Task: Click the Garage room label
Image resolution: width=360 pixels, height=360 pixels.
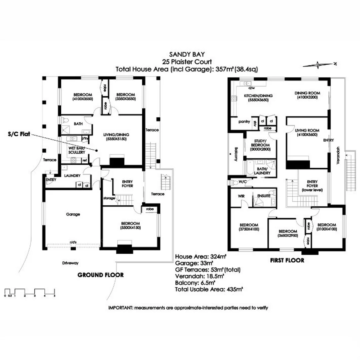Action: [x=73, y=214]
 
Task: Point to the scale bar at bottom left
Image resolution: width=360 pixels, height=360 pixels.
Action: [x=30, y=292]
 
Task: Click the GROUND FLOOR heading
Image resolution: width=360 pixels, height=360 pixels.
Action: [x=100, y=275]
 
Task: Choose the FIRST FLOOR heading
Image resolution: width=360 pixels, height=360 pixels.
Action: [x=287, y=260]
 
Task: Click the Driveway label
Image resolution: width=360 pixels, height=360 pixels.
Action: [x=70, y=263]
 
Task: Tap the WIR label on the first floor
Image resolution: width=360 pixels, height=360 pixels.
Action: [x=241, y=196]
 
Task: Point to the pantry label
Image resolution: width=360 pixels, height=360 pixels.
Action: [x=244, y=122]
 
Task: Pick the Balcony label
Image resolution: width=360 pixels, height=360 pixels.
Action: [x=236, y=154]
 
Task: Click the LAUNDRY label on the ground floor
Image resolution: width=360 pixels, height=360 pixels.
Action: [x=72, y=176]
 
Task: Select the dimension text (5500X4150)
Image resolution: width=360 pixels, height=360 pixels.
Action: [x=130, y=228]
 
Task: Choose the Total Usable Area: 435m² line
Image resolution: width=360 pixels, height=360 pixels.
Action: [x=209, y=289]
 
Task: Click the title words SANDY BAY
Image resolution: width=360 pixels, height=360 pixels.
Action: [x=186, y=55]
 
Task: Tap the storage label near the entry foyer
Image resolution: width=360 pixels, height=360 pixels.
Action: [x=109, y=198]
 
